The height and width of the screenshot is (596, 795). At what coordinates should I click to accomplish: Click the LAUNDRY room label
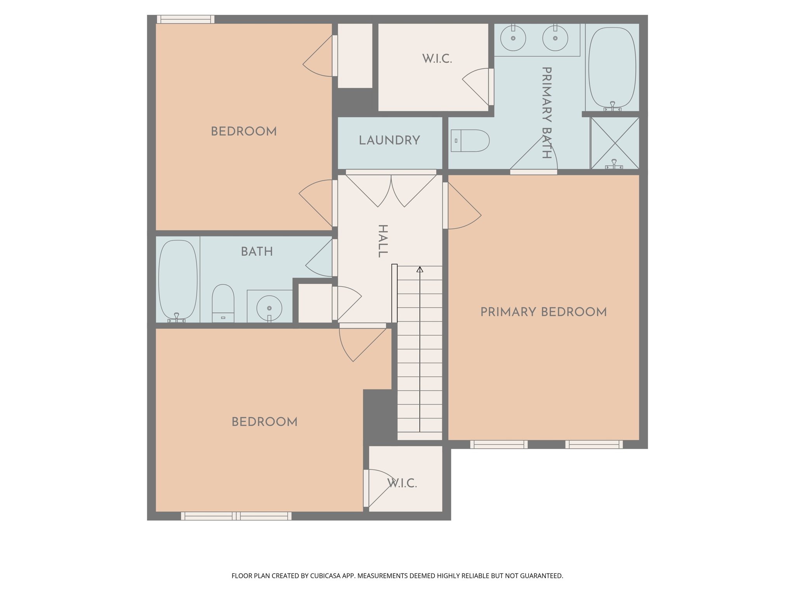click(x=389, y=140)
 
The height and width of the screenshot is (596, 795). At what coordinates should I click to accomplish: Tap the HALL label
click(x=383, y=241)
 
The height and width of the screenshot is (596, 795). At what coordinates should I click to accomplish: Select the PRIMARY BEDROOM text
click(x=543, y=312)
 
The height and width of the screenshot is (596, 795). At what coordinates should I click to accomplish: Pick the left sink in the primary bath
click(x=513, y=38)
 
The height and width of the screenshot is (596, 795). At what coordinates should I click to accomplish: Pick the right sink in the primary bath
click(x=555, y=38)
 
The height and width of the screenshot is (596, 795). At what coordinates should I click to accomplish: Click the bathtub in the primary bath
click(x=612, y=67)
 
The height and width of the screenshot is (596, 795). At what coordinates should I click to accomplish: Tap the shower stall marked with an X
click(x=614, y=143)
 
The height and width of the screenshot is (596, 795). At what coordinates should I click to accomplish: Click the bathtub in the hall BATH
click(x=178, y=279)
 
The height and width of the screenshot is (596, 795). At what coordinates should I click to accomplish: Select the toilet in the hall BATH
click(x=223, y=303)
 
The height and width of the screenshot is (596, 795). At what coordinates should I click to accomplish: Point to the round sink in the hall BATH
click(x=269, y=308)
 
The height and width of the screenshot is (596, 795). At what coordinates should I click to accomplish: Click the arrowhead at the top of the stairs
click(x=420, y=269)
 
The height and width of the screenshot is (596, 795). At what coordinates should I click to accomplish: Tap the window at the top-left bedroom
click(x=186, y=19)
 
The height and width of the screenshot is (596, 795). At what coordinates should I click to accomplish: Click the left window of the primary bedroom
click(x=499, y=444)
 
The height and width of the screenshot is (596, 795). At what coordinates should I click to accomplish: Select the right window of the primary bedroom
click(x=594, y=444)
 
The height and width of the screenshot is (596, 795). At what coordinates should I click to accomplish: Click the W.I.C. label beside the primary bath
click(x=437, y=59)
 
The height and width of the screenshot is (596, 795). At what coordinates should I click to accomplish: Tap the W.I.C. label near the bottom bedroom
click(x=402, y=483)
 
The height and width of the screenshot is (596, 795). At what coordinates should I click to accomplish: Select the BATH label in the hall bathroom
click(x=257, y=252)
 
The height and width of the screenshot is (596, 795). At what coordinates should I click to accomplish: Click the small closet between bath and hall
click(x=315, y=303)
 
